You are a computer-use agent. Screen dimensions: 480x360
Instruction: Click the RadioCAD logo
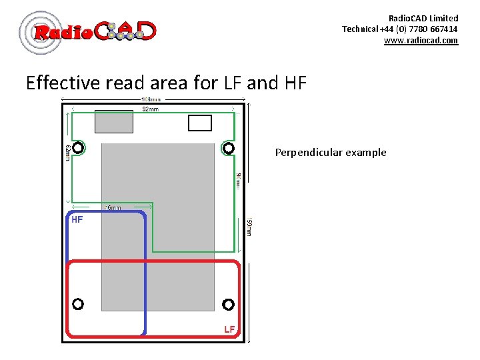[88, 31]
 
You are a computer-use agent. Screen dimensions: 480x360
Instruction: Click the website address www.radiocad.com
[421, 40]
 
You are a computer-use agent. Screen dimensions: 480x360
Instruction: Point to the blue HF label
[77, 219]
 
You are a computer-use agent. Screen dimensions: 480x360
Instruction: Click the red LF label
[229, 329]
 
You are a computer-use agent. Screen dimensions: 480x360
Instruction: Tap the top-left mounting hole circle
[79, 147]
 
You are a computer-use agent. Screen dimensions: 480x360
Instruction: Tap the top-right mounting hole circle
[229, 147]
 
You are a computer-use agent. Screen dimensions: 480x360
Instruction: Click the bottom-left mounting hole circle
[78, 304]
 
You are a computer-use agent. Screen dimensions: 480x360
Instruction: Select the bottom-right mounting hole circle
[229, 304]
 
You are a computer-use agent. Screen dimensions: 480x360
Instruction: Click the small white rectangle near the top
[200, 123]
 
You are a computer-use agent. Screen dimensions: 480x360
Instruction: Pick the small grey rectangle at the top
[114, 121]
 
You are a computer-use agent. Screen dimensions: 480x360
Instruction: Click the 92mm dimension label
[150, 109]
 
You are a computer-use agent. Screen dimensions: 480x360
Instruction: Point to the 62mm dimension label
[67, 153]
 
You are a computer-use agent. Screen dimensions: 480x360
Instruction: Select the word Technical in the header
[360, 29]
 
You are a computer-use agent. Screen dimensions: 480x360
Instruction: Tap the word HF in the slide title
[295, 83]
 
